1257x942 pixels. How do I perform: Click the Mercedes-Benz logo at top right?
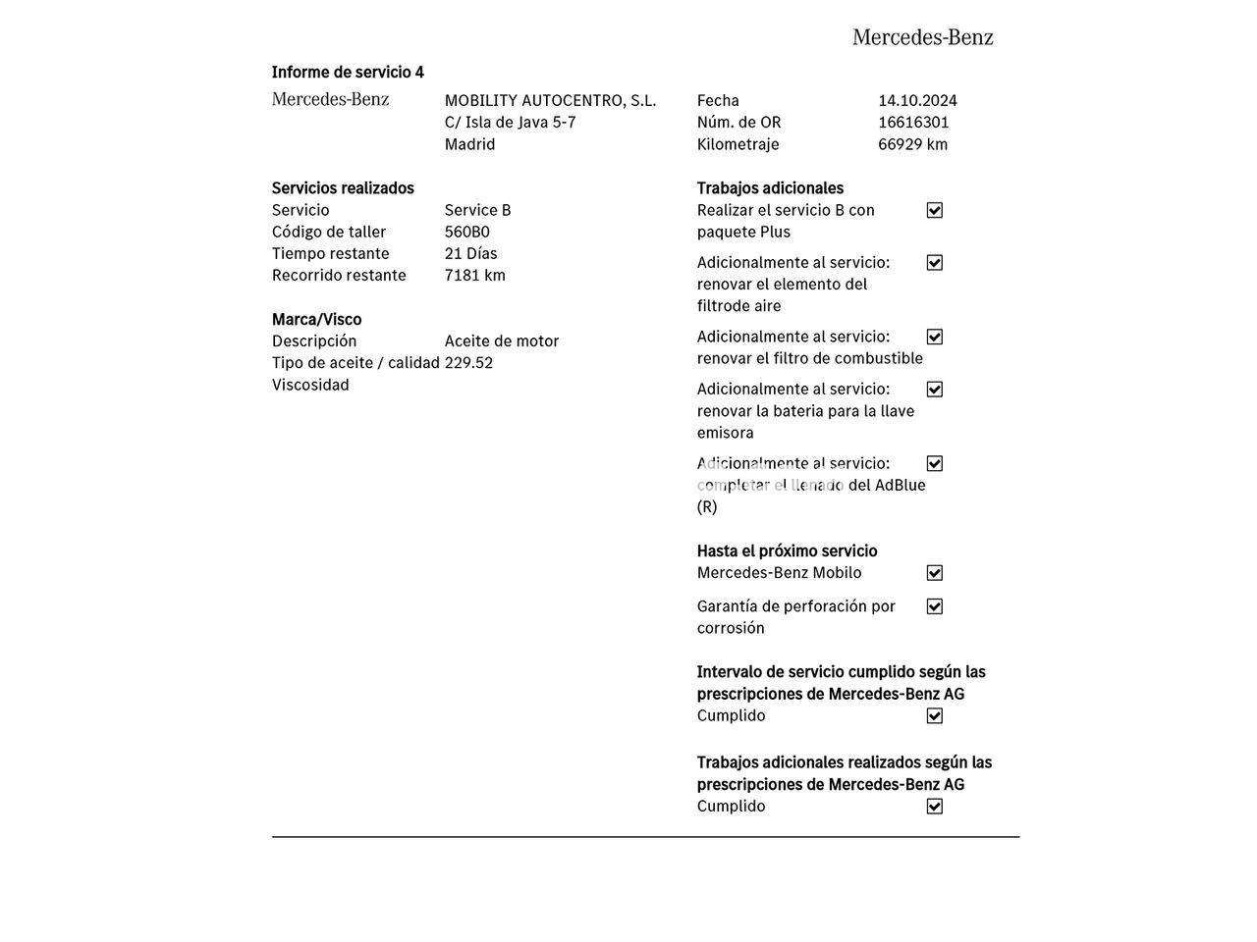tap(922, 37)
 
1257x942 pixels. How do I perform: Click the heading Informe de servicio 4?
tap(348, 72)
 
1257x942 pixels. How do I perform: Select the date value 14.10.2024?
tap(917, 100)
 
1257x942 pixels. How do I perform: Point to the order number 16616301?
tap(913, 122)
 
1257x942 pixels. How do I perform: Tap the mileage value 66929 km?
tap(912, 144)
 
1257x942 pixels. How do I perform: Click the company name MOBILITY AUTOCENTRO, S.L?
tap(550, 100)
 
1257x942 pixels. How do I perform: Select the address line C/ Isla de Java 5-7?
tap(510, 122)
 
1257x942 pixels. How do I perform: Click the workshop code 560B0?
tap(466, 232)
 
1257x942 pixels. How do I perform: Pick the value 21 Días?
tap(470, 253)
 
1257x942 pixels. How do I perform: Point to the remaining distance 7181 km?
tap(474, 275)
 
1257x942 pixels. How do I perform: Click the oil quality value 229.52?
tap(468, 362)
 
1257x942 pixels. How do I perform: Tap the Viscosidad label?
tap(310, 385)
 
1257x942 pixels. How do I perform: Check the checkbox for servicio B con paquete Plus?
tap(935, 210)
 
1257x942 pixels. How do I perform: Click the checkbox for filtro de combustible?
tap(935, 337)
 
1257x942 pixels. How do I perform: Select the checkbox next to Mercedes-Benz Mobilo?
tap(935, 573)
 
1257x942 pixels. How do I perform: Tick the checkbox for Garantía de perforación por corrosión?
tap(935, 606)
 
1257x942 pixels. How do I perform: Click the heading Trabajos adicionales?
tap(770, 187)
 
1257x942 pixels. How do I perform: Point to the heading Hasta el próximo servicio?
tap(787, 550)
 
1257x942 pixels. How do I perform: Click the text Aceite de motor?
tap(501, 340)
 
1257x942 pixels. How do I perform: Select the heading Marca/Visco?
tap(316, 319)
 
